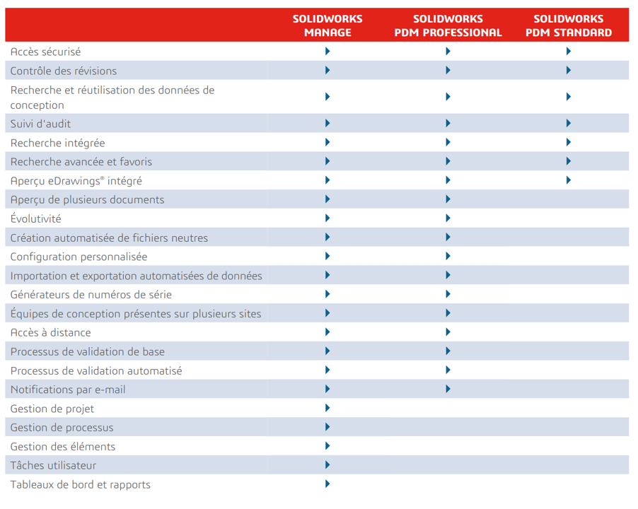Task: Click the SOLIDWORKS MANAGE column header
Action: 327,25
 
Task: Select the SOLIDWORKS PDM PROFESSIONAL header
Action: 448,25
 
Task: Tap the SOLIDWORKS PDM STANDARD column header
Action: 569,25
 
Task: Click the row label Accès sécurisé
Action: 45,52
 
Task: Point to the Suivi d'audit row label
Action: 41,124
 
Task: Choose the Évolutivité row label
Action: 36,218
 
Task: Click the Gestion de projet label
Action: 52,409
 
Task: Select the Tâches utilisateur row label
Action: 53,465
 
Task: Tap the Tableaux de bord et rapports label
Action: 81,484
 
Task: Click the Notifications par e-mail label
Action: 68,390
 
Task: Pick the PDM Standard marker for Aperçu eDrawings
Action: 569,180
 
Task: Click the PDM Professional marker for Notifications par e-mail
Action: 448,389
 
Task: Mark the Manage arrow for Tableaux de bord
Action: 327,484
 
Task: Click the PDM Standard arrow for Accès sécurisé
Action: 569,51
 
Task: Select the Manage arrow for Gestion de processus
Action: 327,427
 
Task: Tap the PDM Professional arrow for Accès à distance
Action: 448,332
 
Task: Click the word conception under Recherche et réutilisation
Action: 37,105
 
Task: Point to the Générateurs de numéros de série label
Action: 91,294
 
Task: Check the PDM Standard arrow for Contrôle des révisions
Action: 569,70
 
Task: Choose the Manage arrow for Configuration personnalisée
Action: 327,256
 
